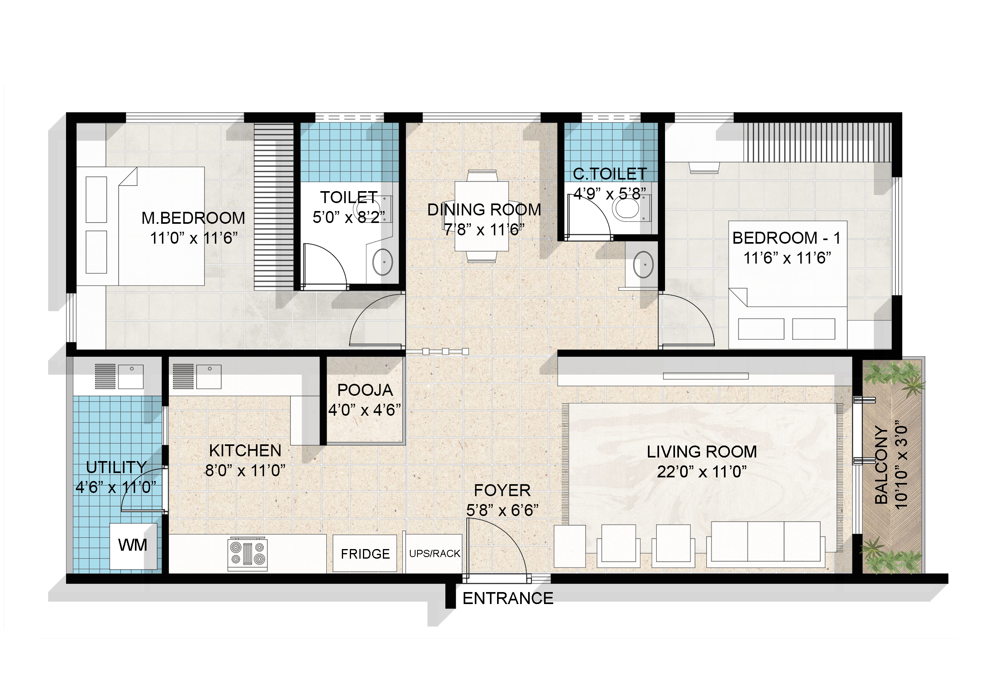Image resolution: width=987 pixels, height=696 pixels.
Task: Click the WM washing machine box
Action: point(133,545)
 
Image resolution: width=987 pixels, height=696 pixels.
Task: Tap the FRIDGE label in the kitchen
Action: point(365,553)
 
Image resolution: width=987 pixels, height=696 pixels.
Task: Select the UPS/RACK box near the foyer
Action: point(434,553)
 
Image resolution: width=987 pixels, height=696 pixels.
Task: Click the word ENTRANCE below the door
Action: point(508,598)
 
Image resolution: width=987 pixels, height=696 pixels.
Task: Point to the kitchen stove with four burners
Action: point(247,554)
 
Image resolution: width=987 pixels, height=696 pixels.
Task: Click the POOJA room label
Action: point(365,390)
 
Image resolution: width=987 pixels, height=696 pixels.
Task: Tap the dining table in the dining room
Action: point(482,216)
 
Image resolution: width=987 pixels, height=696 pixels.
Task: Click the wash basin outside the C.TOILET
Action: point(643,264)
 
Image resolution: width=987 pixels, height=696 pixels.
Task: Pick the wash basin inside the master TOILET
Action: point(382,261)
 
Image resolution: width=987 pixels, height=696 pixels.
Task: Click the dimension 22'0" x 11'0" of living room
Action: point(702,472)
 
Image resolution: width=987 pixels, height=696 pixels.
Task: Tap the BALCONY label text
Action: point(881,465)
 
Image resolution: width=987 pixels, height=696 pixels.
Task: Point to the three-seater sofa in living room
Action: point(766,542)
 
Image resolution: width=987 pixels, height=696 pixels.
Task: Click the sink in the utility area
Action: point(131,375)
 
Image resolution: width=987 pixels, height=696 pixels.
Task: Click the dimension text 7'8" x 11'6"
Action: point(484,230)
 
